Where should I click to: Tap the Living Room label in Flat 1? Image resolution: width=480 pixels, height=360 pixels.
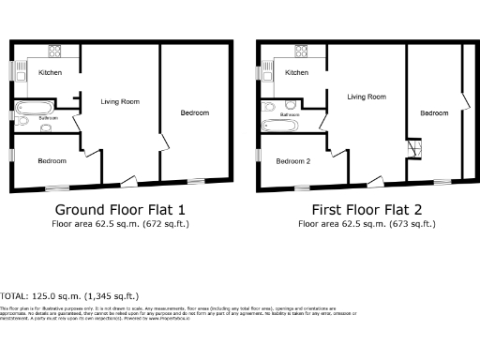(120, 101)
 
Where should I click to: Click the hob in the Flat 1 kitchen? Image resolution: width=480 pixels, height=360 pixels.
(54, 52)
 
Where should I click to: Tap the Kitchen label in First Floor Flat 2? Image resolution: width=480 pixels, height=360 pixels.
(296, 72)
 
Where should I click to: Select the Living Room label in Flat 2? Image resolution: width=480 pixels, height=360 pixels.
(366, 97)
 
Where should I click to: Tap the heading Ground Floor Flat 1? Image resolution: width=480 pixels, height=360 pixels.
(120, 209)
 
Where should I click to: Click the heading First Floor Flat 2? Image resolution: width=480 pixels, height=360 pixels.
(366, 209)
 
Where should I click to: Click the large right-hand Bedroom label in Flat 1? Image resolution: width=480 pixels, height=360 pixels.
(194, 112)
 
